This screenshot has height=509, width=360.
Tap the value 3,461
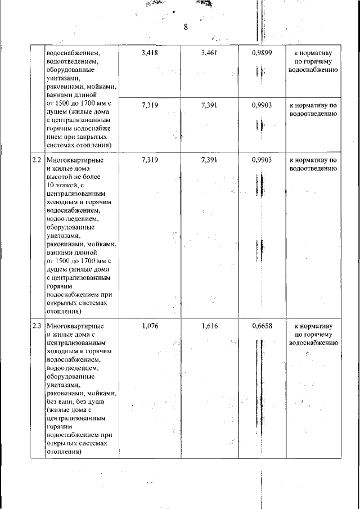pyautogui.click(x=209, y=53)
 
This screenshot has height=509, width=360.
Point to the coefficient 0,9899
pyautogui.click(x=262, y=53)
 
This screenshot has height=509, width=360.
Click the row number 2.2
pyautogui.click(x=37, y=160)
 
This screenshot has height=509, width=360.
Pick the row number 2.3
pyautogui.click(x=37, y=326)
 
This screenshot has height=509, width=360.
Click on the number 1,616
pyautogui.click(x=209, y=326)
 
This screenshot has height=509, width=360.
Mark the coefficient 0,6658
pyautogui.click(x=262, y=326)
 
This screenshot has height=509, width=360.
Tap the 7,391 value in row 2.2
pyautogui.click(x=209, y=160)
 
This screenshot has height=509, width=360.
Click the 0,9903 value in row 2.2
pyautogui.click(x=262, y=160)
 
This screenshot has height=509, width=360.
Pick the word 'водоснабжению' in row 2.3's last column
pyautogui.click(x=313, y=342)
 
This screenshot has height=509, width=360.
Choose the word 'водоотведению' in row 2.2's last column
pyautogui.click(x=313, y=168)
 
